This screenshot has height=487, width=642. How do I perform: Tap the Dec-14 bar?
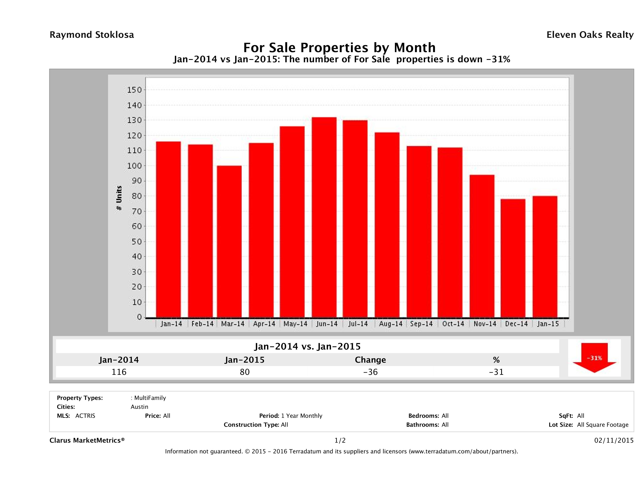click(x=513, y=258)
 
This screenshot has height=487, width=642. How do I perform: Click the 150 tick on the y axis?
click(x=134, y=90)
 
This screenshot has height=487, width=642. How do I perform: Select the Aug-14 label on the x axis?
click(x=390, y=324)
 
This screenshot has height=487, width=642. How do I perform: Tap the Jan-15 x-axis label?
click(x=548, y=324)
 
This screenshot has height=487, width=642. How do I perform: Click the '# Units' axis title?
click(x=119, y=198)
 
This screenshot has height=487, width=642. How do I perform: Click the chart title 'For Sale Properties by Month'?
click(x=339, y=47)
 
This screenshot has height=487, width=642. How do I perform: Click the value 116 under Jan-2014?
click(x=119, y=372)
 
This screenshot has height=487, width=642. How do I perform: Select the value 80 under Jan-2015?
click(x=245, y=372)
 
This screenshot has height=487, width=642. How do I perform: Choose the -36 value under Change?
click(x=370, y=372)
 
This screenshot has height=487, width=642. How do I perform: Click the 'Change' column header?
click(x=370, y=360)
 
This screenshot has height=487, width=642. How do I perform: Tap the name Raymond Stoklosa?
click(x=92, y=35)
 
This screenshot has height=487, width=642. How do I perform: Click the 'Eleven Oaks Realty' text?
click(x=590, y=35)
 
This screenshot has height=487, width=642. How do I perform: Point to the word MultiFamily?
click(x=150, y=398)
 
